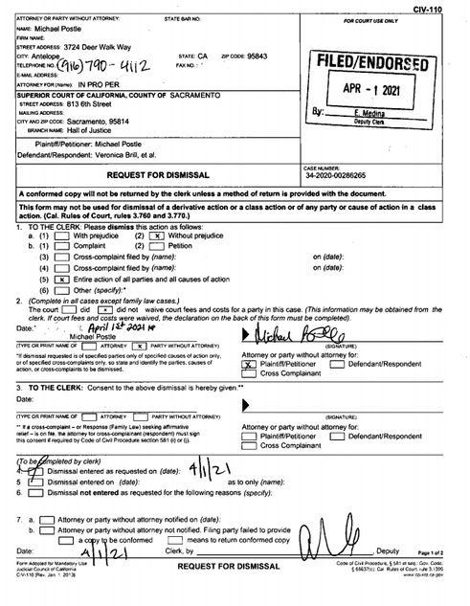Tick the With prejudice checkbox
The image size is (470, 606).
point(62,236)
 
